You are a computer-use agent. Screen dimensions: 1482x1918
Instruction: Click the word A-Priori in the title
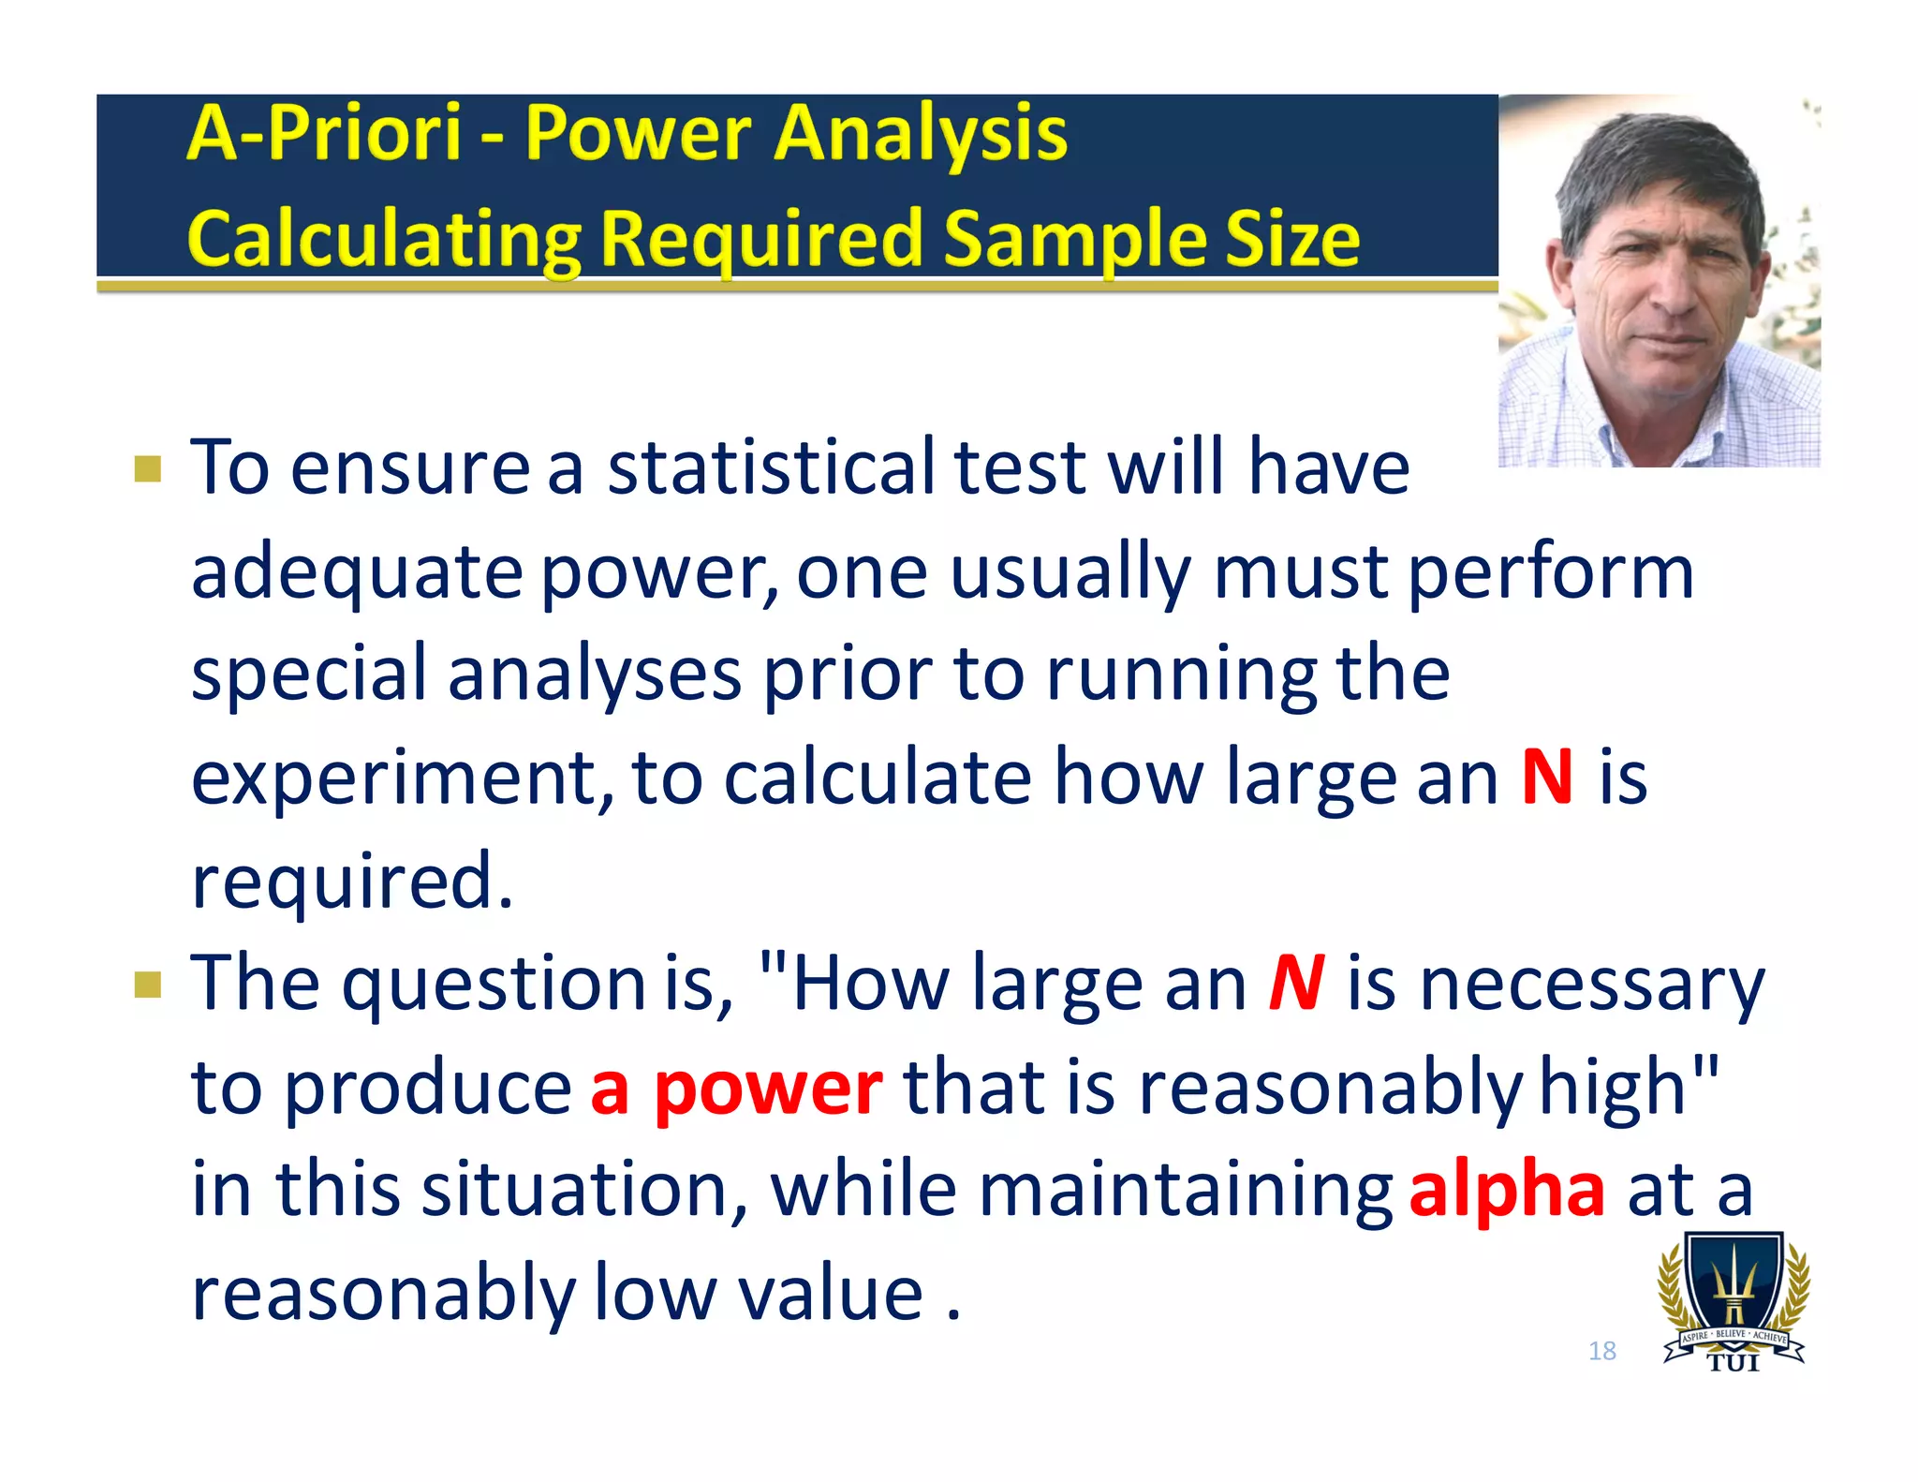pyautogui.click(x=323, y=133)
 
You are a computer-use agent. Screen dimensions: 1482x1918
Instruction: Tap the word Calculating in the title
pyautogui.click(x=384, y=240)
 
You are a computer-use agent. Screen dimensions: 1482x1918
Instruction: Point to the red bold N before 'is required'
pyautogui.click(x=1547, y=777)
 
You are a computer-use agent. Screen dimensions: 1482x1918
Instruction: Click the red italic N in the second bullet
pyautogui.click(x=1297, y=984)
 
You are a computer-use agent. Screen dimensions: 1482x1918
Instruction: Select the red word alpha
pyautogui.click(x=1507, y=1190)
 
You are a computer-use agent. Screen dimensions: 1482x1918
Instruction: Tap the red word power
pyautogui.click(x=768, y=1089)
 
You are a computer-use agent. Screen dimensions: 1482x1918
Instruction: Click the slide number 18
pyautogui.click(x=1602, y=1350)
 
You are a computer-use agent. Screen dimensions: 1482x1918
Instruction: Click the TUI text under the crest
pyautogui.click(x=1734, y=1363)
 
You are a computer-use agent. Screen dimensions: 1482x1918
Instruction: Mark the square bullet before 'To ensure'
pyautogui.click(x=148, y=468)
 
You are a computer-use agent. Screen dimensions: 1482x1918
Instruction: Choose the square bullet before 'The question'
pyautogui.click(x=148, y=985)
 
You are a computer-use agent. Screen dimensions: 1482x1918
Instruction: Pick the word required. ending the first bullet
pyautogui.click(x=352, y=882)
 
